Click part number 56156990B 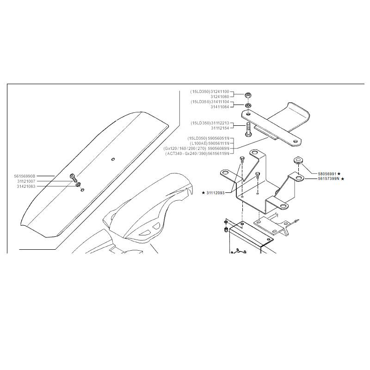pos(25,176)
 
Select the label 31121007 pos(26,181)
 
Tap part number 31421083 pos(26,186)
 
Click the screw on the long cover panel pos(74,178)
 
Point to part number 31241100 pos(220,92)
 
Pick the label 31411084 pos(220,107)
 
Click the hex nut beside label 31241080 pos(248,96)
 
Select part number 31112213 pos(220,123)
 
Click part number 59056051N pos(218,138)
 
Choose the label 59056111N pos(219,143)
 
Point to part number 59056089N pos(219,148)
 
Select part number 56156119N pos(219,154)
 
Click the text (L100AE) pos(198,143)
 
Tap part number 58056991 pos(327,174)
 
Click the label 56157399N pos(328,179)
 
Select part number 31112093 pos(216,193)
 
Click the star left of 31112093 pos(203,193)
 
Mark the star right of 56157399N pos(343,179)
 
